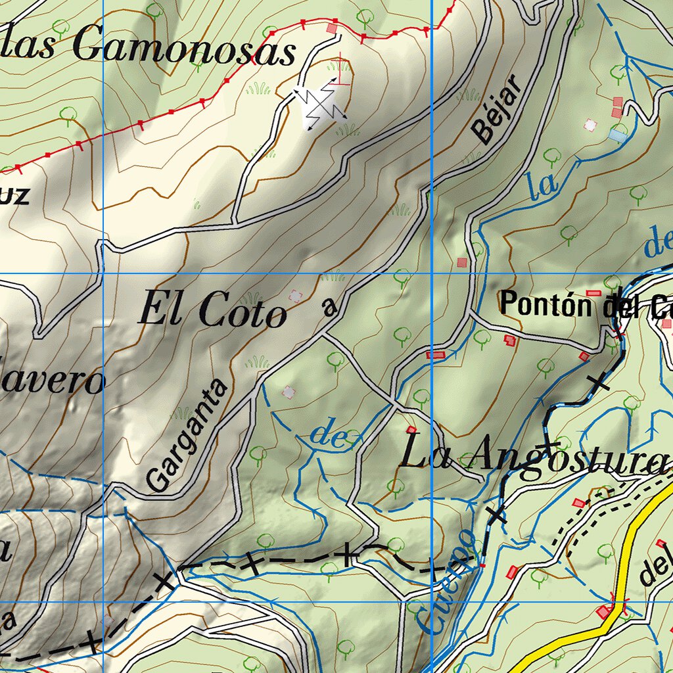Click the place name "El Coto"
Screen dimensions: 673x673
point(212,310)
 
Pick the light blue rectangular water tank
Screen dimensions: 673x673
point(617,135)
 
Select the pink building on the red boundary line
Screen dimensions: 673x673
point(332,28)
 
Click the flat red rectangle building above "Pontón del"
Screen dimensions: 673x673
point(593,292)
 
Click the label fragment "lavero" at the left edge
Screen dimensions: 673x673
point(53,381)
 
